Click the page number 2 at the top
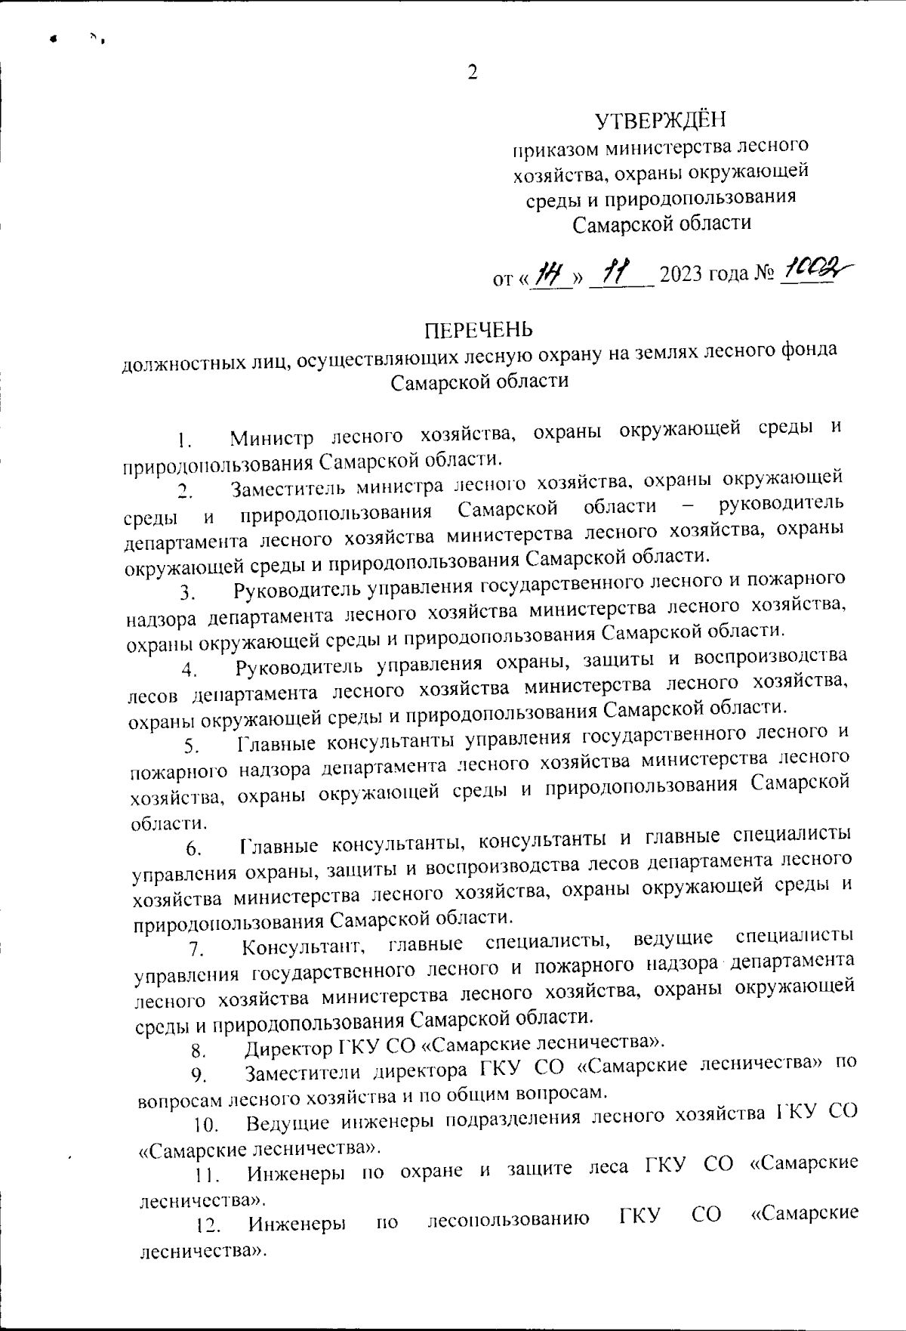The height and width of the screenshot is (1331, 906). (x=473, y=73)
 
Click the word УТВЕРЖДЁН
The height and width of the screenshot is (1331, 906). (x=660, y=119)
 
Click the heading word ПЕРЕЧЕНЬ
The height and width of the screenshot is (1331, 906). (x=478, y=331)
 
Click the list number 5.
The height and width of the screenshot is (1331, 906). (x=190, y=746)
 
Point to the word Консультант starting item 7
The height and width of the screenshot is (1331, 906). (x=305, y=945)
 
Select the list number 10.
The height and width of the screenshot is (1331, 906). (x=205, y=1126)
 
